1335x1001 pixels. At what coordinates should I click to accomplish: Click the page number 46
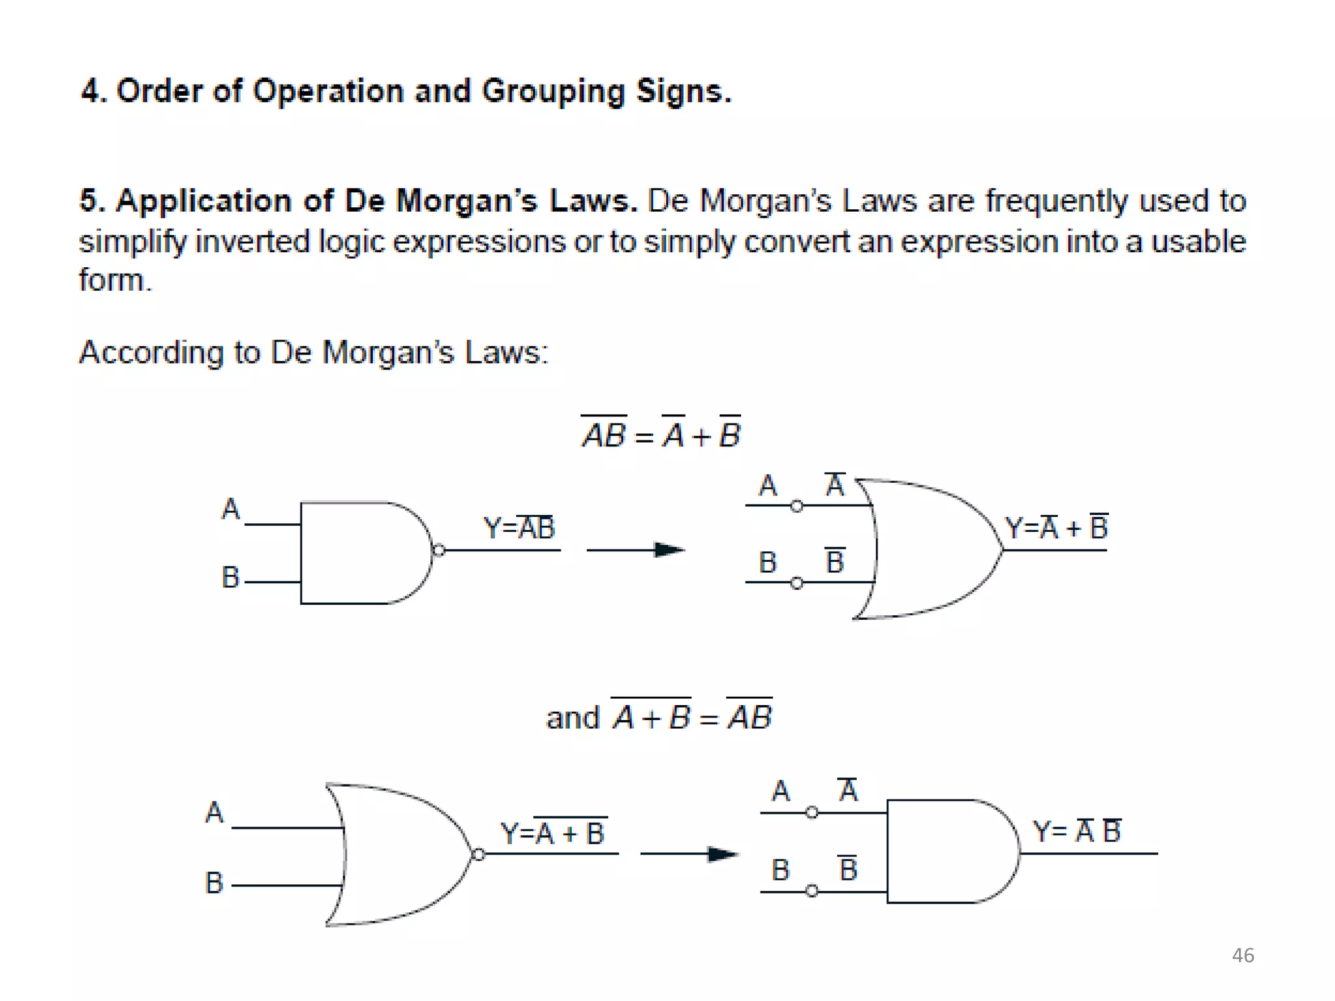(x=1242, y=955)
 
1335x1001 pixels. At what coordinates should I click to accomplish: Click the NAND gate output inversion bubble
(x=439, y=551)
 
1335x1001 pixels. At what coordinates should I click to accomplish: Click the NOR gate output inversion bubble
(x=478, y=854)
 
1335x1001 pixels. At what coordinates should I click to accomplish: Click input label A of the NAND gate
(x=230, y=509)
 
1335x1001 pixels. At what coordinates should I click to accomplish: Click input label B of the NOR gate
(x=214, y=883)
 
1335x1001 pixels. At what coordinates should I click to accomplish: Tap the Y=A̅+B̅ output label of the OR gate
(x=1056, y=527)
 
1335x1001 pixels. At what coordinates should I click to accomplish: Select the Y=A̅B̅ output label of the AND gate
(x=1077, y=831)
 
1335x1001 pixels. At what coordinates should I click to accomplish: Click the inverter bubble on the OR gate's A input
(x=797, y=506)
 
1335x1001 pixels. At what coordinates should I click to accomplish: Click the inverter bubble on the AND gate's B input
(x=812, y=891)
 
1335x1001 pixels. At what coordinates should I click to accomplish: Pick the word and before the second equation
(x=572, y=718)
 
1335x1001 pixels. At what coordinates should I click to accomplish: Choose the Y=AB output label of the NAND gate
(x=519, y=527)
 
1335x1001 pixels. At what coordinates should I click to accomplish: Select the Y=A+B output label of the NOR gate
(x=553, y=833)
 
